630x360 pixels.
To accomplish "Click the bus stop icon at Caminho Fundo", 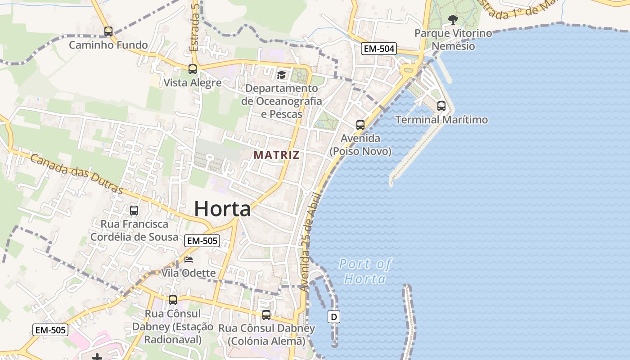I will point(108,31).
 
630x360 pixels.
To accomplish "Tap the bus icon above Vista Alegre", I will point(193,69).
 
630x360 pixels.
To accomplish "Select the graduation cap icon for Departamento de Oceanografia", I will point(281,75).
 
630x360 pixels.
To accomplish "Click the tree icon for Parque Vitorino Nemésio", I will point(453,19).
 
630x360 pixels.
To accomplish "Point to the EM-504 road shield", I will point(378,49).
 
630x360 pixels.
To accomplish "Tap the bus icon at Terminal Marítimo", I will point(441,106).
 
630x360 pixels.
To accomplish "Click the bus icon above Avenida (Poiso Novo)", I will point(360,125).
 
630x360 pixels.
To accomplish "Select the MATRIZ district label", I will point(276,155).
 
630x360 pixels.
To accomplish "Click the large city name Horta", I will point(222,209).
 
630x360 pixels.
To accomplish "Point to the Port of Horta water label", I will point(365,271).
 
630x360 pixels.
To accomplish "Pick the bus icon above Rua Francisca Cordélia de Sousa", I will point(134,210).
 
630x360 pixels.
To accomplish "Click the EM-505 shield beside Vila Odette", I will point(202,241).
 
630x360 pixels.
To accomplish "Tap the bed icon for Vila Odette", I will point(189,260).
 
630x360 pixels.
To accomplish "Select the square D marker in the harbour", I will point(333,317).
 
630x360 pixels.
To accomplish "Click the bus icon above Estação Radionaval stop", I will point(173,300).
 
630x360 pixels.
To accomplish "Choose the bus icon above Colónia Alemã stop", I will point(266,315).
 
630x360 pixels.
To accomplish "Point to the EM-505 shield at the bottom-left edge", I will point(50,330).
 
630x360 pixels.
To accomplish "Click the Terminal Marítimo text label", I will point(441,120).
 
